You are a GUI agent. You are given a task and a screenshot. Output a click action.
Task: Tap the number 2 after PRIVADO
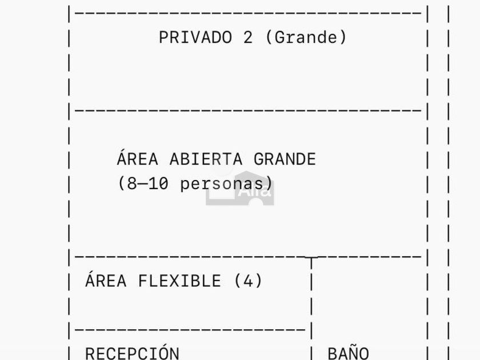pos(247,38)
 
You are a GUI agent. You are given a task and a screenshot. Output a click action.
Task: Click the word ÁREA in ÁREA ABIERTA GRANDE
pos(137,158)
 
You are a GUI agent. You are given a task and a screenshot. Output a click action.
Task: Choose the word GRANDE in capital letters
pos(285,159)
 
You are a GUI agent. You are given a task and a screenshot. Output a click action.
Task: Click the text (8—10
pos(143,184)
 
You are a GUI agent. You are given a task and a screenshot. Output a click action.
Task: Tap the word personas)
pos(226,184)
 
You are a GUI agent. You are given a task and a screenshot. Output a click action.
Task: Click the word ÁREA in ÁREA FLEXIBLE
pos(106,281)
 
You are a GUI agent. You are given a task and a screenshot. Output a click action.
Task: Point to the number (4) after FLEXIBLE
pos(248,281)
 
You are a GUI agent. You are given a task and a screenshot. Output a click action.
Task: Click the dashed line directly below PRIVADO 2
pos(246,110)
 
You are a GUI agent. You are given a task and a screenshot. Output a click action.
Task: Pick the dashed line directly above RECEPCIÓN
pos(189,330)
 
